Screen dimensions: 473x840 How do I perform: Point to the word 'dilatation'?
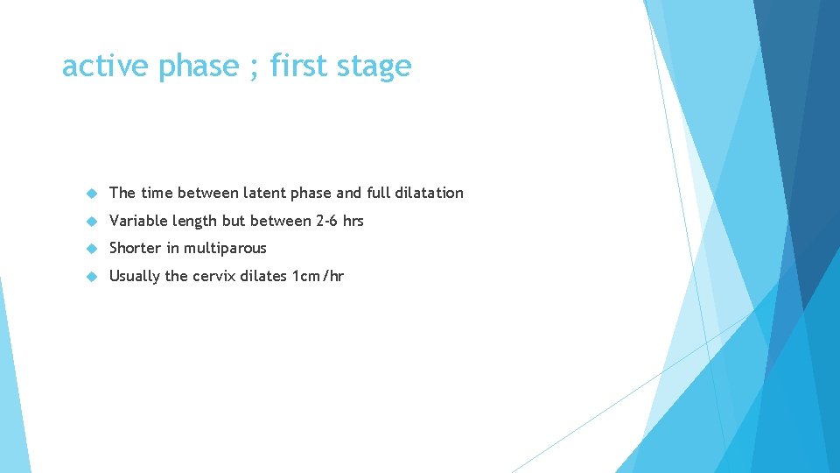[x=430, y=193]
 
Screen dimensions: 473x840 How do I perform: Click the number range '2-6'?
[x=326, y=221]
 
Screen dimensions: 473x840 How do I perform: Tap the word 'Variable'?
[x=136, y=221]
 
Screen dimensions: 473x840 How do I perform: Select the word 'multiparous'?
[x=226, y=249]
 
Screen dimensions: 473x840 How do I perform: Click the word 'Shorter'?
[x=136, y=249]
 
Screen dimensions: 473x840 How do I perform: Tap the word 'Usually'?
[x=135, y=277]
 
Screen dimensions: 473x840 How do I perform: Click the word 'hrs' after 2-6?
[x=353, y=221]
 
